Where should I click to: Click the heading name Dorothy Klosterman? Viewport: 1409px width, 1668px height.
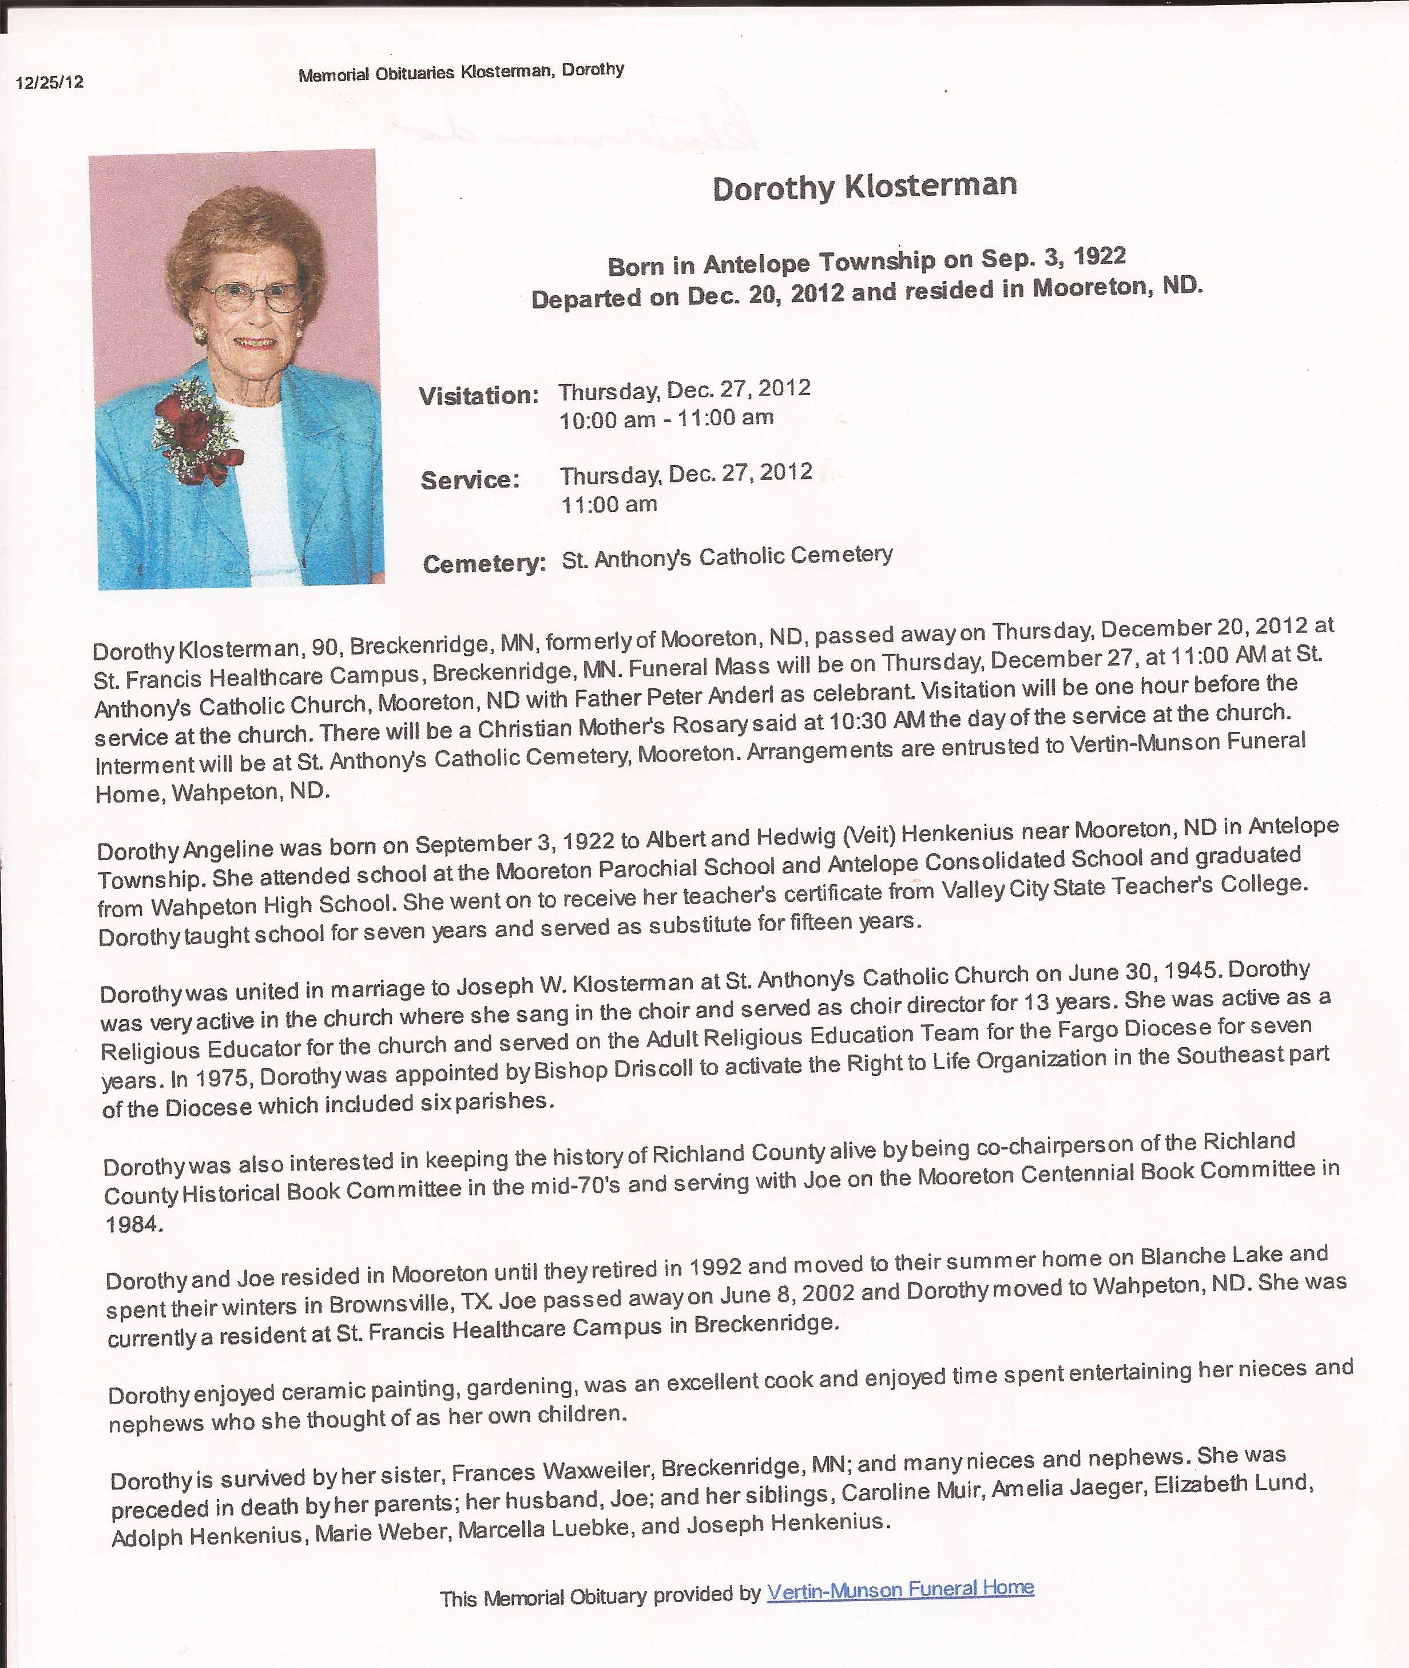click(x=864, y=187)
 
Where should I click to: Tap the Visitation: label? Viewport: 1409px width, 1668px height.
click(x=478, y=395)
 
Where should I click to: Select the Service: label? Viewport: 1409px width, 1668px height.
click(x=470, y=480)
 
